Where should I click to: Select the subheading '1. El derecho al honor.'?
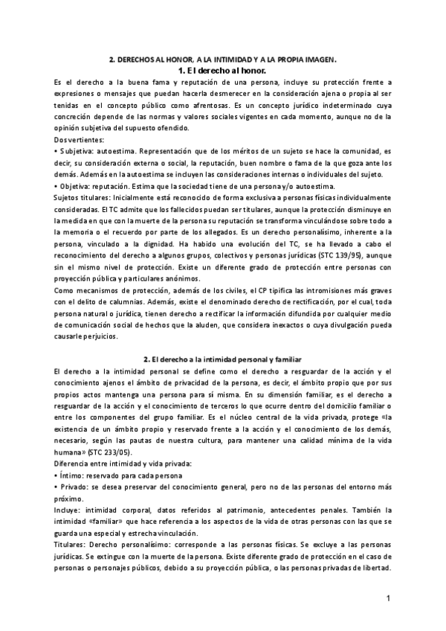click(x=222, y=70)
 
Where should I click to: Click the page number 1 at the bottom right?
click(x=388, y=598)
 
